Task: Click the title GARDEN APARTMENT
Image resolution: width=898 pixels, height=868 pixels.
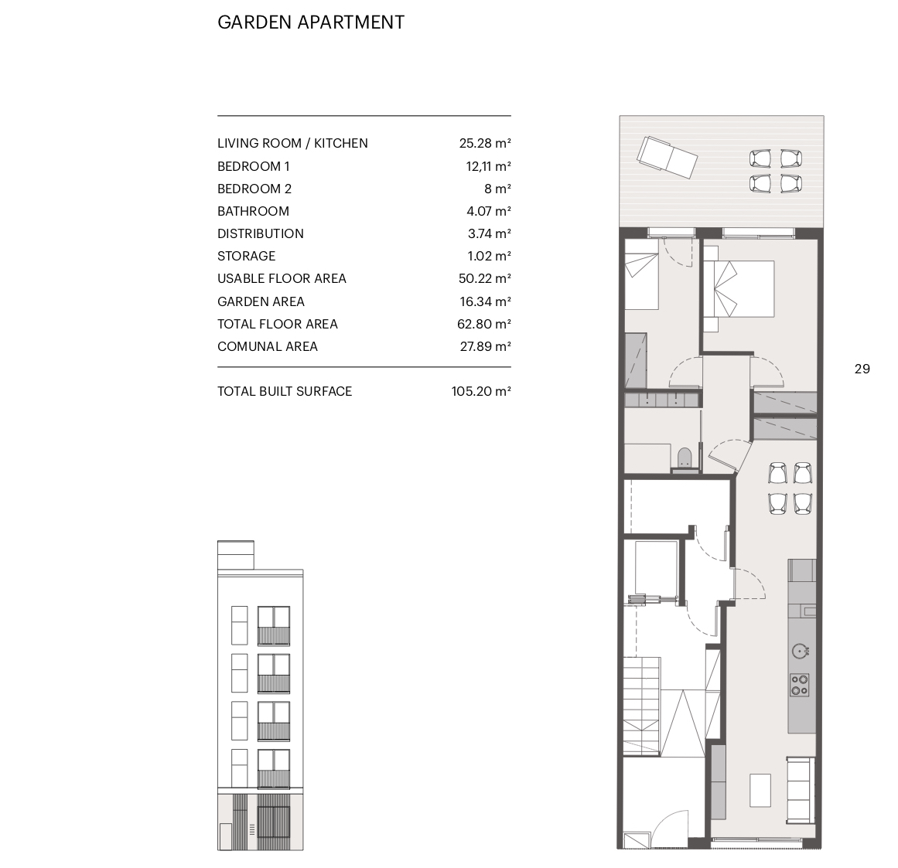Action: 311,22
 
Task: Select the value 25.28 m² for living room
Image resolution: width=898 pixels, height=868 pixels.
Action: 484,143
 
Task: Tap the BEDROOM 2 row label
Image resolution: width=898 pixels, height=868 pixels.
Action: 254,189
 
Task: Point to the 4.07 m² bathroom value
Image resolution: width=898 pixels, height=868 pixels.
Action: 489,211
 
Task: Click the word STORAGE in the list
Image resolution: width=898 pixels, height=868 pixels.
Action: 246,256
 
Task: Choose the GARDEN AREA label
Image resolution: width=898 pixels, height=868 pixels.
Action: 261,301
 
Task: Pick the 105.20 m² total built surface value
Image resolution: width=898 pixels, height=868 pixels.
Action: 481,391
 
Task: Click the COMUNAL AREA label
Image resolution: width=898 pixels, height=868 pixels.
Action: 268,346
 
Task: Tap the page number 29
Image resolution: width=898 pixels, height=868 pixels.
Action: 862,369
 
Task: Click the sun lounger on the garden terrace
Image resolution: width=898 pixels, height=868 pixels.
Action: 668,158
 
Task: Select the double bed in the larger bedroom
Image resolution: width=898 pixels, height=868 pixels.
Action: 739,289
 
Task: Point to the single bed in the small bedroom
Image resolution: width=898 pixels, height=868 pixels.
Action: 641,274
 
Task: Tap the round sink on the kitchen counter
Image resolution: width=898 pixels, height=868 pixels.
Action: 800,651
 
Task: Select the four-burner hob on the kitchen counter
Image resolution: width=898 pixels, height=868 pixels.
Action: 800,684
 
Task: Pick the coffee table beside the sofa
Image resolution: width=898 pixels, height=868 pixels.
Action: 760,790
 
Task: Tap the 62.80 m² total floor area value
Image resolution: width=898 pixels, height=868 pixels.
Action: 484,324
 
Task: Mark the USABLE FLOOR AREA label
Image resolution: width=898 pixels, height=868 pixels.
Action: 282,279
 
